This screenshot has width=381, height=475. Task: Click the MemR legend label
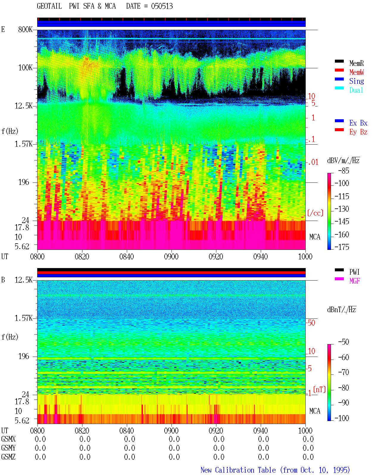356,63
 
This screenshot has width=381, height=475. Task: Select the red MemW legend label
356,72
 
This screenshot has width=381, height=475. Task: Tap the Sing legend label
356,81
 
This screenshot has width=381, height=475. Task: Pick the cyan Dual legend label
356,90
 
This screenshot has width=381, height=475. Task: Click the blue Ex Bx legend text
358,123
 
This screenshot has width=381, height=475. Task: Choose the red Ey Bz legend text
358,132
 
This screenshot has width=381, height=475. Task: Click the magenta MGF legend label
355,281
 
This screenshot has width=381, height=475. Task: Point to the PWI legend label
354,272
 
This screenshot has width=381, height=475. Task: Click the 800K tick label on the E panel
25,29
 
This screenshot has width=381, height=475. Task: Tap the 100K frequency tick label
25,68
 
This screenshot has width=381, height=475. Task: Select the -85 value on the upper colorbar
343,171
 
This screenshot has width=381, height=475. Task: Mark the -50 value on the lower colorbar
343,342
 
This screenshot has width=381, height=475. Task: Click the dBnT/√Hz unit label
341,310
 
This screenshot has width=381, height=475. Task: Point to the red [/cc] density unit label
315,213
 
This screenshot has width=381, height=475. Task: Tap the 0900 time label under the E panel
171,256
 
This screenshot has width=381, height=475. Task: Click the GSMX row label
8,439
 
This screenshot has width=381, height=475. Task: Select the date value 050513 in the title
162,6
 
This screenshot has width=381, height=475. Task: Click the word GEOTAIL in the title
49,6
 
